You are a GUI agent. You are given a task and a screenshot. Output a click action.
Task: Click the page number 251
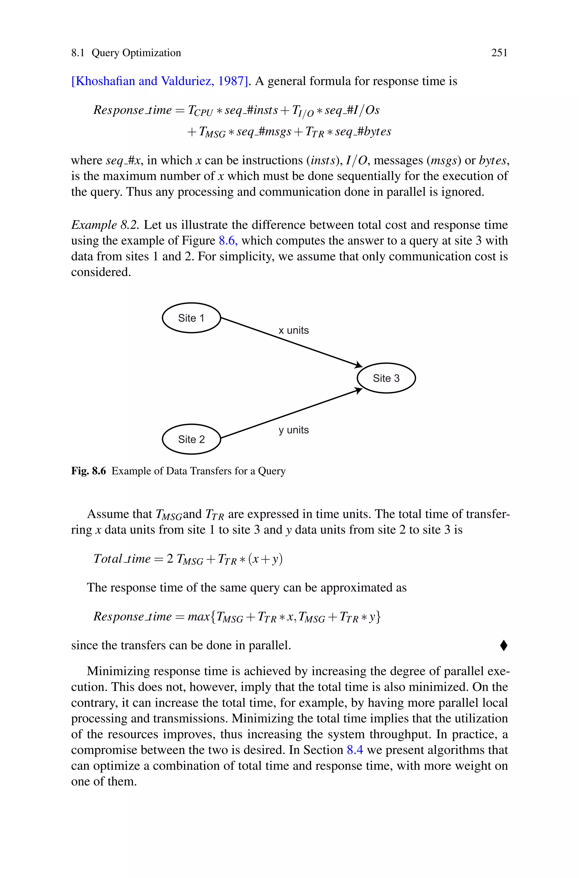point(499,53)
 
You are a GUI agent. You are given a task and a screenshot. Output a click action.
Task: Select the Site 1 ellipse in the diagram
point(191,318)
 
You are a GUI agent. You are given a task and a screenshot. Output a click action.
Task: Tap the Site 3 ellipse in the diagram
point(386,378)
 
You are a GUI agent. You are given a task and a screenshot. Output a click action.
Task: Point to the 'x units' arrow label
point(293,331)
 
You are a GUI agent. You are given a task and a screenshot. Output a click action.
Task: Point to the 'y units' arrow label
point(293,430)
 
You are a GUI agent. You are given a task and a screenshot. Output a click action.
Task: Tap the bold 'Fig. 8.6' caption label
point(88,471)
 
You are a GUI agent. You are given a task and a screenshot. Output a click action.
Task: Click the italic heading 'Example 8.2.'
point(105,225)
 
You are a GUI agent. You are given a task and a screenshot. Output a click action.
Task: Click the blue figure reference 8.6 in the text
point(228,241)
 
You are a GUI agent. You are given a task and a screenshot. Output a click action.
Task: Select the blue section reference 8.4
point(355,750)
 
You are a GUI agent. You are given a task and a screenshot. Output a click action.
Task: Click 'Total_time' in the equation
point(122,559)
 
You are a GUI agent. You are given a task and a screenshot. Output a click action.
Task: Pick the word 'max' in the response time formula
point(199,617)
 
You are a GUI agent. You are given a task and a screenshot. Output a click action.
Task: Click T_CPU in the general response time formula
point(200,111)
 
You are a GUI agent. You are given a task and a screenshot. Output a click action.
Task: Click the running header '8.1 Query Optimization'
point(126,53)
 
